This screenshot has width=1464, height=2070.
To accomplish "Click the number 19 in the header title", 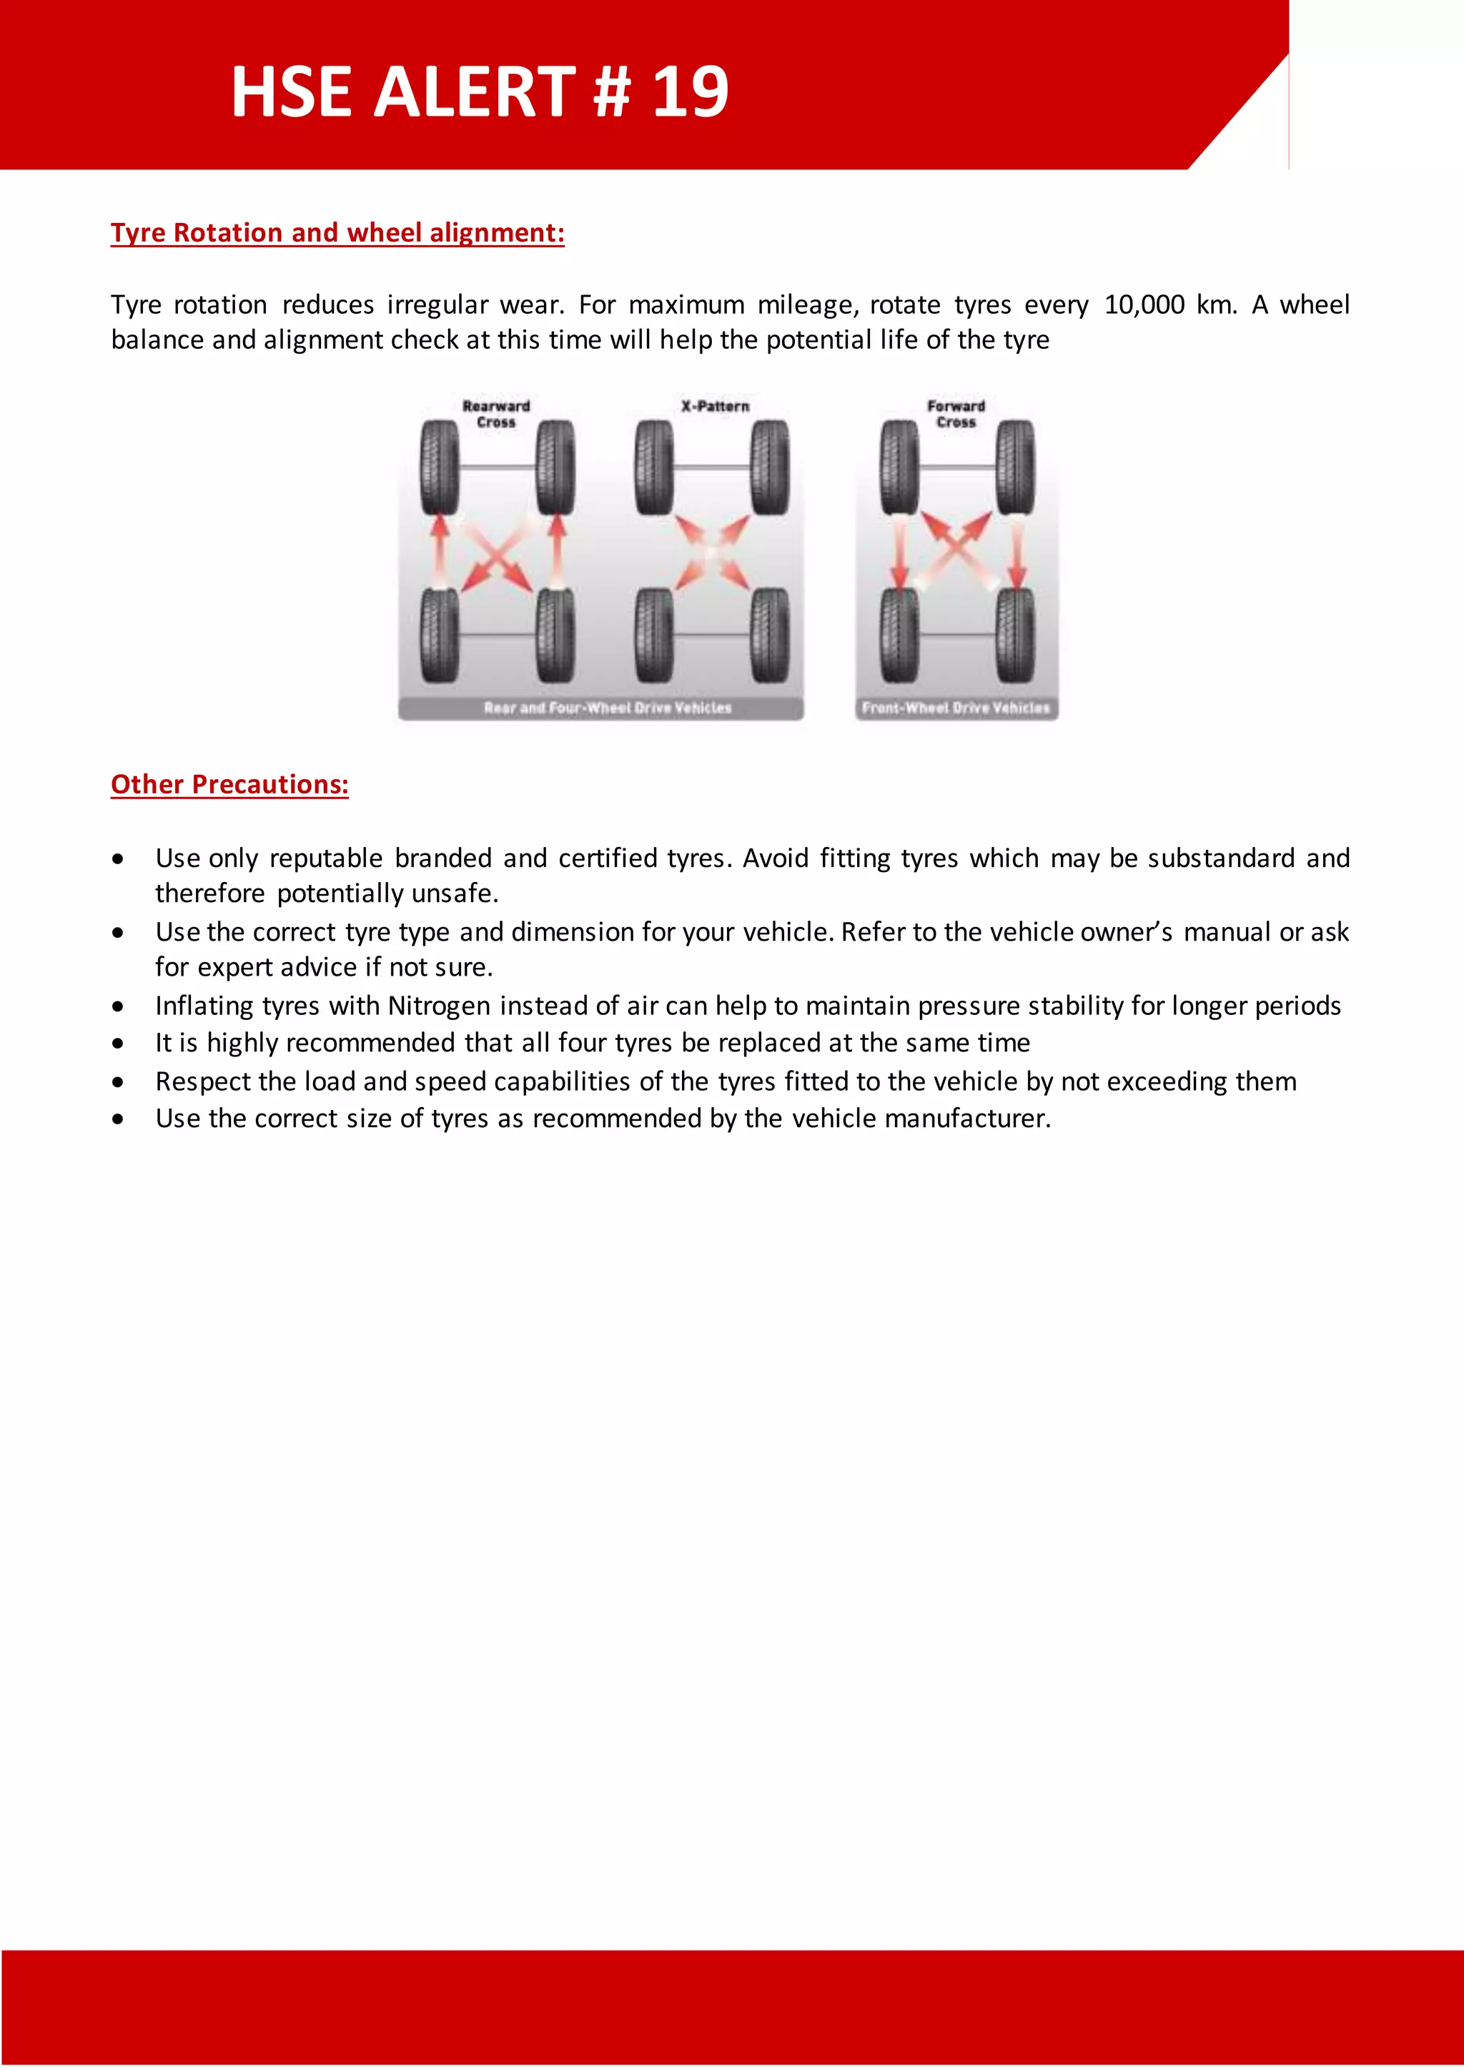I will [x=690, y=92].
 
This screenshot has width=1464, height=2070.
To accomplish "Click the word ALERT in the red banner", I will [x=474, y=92].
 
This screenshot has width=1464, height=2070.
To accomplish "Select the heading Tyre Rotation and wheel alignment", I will [x=337, y=232].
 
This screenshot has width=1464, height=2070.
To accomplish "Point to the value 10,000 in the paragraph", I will [x=1143, y=304].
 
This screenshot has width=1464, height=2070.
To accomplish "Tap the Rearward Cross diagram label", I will [x=496, y=414].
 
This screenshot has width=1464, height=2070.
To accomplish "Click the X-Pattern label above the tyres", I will [x=715, y=407].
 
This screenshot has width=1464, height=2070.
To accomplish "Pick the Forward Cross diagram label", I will [x=956, y=414].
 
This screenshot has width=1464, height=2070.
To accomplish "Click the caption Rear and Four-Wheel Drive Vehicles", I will [x=607, y=708].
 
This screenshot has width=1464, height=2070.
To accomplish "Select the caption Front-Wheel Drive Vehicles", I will [x=956, y=708].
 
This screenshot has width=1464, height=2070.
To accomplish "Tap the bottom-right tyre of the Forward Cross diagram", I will [x=1015, y=635].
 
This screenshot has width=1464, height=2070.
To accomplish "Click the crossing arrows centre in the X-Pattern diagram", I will [x=712, y=552].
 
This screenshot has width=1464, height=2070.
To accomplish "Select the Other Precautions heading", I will [x=229, y=784].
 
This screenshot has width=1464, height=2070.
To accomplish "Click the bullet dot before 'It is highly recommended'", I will [x=118, y=1044].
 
